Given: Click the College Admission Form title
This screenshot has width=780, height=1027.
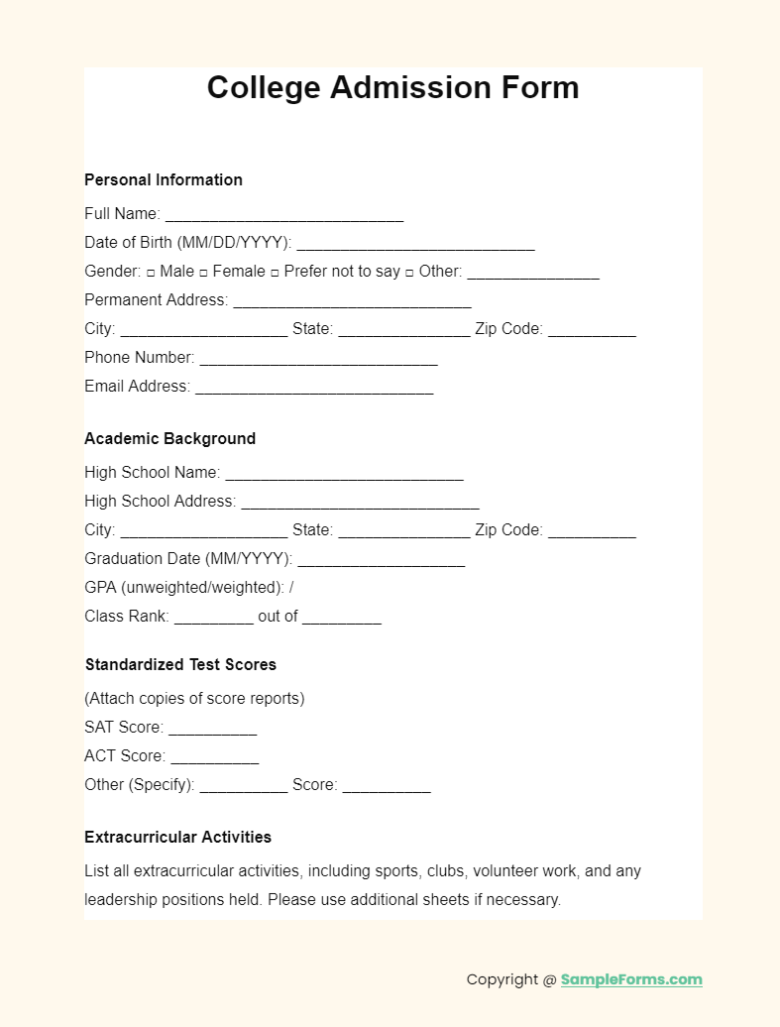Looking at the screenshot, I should click(392, 87).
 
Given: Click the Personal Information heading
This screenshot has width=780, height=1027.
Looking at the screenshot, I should click(164, 179).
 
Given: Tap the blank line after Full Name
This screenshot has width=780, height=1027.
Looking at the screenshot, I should click(284, 215).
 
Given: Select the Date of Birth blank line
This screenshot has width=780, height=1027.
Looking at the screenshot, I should click(415, 244).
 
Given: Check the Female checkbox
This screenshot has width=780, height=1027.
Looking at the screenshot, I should click(203, 272).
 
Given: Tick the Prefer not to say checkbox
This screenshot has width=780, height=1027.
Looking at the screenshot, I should click(275, 272).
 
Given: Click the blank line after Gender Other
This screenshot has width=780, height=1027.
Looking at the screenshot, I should click(533, 273).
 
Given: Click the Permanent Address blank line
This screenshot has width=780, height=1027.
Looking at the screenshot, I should click(352, 301).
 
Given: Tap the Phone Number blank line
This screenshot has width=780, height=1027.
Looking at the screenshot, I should click(318, 359).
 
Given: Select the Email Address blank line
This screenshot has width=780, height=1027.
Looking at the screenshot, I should click(314, 388).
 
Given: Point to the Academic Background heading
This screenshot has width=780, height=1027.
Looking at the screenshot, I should click(169, 438).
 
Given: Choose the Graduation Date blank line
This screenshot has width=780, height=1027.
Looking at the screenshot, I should click(381, 560).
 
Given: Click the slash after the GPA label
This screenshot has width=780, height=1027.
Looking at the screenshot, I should click(291, 587).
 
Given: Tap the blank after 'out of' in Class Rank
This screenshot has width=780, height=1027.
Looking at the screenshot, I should click(342, 618).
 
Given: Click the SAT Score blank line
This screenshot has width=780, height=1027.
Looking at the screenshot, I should click(212, 729).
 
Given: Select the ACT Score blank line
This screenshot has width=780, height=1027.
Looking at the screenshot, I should click(214, 757).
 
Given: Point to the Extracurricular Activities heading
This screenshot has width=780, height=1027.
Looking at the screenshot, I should click(178, 837).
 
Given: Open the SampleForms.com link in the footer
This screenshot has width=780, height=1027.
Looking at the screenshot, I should click(631, 979).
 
